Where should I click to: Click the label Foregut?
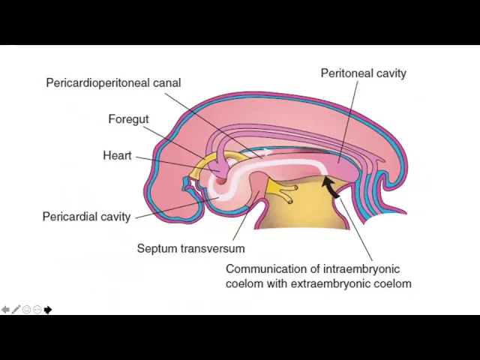128,119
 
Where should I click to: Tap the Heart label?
117,155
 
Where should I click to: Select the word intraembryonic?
359,268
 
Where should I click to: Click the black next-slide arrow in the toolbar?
48,310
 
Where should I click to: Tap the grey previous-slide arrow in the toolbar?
5,310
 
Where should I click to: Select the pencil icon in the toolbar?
16,310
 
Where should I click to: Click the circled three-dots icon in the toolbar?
37,310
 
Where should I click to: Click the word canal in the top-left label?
166,82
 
